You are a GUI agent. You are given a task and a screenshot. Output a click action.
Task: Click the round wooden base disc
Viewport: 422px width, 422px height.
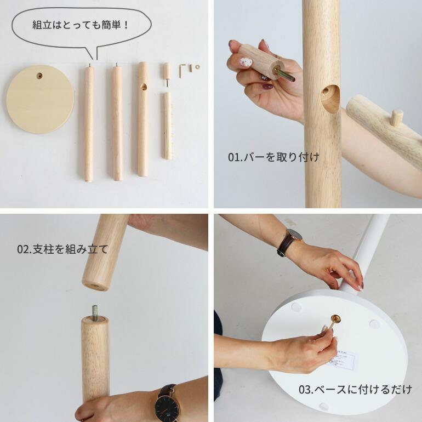tap(40, 99)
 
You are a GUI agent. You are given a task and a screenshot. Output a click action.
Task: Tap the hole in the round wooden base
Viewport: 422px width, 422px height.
tap(39, 76)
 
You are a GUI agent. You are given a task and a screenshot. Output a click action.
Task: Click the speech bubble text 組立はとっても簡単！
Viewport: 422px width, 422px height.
tap(81, 25)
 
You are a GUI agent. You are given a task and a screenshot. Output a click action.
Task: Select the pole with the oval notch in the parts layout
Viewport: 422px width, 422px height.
tap(143, 119)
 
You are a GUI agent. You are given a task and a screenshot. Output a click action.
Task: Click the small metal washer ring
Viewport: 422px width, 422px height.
tap(197, 67)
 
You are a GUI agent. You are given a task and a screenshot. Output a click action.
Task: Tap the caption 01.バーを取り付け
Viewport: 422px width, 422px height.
tap(273, 157)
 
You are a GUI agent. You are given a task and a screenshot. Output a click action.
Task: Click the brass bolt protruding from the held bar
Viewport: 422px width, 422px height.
tap(284, 75)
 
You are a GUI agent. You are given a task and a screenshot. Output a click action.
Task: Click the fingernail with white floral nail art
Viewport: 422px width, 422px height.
tap(246, 62)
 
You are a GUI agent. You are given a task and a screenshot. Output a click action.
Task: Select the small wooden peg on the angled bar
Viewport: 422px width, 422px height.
tap(396, 117)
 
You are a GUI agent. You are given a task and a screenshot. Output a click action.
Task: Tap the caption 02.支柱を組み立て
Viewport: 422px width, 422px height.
tap(62, 249)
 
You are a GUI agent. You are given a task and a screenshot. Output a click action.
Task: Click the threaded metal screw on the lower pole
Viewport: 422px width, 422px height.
tap(95, 313)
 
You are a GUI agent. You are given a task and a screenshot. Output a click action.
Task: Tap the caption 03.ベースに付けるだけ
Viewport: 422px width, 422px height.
tap(355, 389)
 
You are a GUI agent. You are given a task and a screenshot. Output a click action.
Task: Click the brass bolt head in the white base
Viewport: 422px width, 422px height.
tap(336, 320)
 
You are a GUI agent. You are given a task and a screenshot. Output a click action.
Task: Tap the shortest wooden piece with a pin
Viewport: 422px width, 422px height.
tap(167, 73)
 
